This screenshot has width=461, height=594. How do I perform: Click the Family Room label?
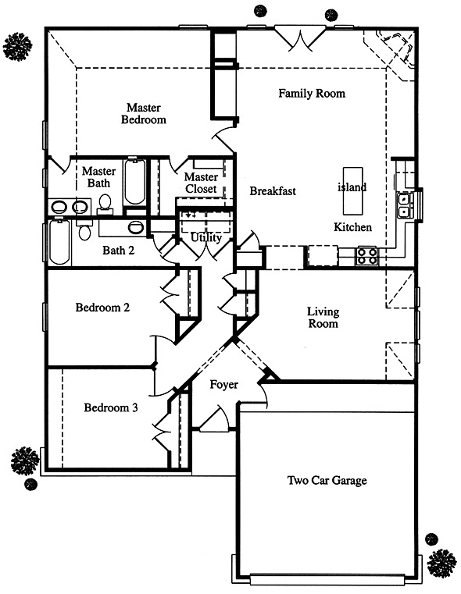[312, 94]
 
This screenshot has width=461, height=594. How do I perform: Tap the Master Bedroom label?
[144, 114]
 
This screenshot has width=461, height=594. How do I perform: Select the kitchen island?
[352, 190]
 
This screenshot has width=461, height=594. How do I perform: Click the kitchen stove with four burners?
[366, 256]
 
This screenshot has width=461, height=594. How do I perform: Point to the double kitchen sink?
[403, 205]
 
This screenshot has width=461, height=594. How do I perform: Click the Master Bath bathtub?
[134, 182]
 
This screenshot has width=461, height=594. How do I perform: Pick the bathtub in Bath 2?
[59, 242]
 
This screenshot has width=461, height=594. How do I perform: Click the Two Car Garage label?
[327, 481]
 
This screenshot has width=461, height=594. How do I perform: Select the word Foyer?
[223, 385]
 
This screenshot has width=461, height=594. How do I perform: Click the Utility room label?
[205, 238]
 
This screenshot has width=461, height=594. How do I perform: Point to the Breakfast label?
[273, 191]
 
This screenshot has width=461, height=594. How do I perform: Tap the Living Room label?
[323, 318]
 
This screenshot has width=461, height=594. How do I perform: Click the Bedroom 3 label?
[111, 407]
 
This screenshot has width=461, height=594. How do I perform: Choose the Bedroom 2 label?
[102, 308]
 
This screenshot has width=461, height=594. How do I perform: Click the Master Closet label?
[201, 183]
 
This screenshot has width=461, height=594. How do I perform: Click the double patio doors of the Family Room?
[300, 38]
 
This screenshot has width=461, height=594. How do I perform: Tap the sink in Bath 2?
[134, 227]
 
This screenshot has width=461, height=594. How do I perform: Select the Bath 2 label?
[119, 251]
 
